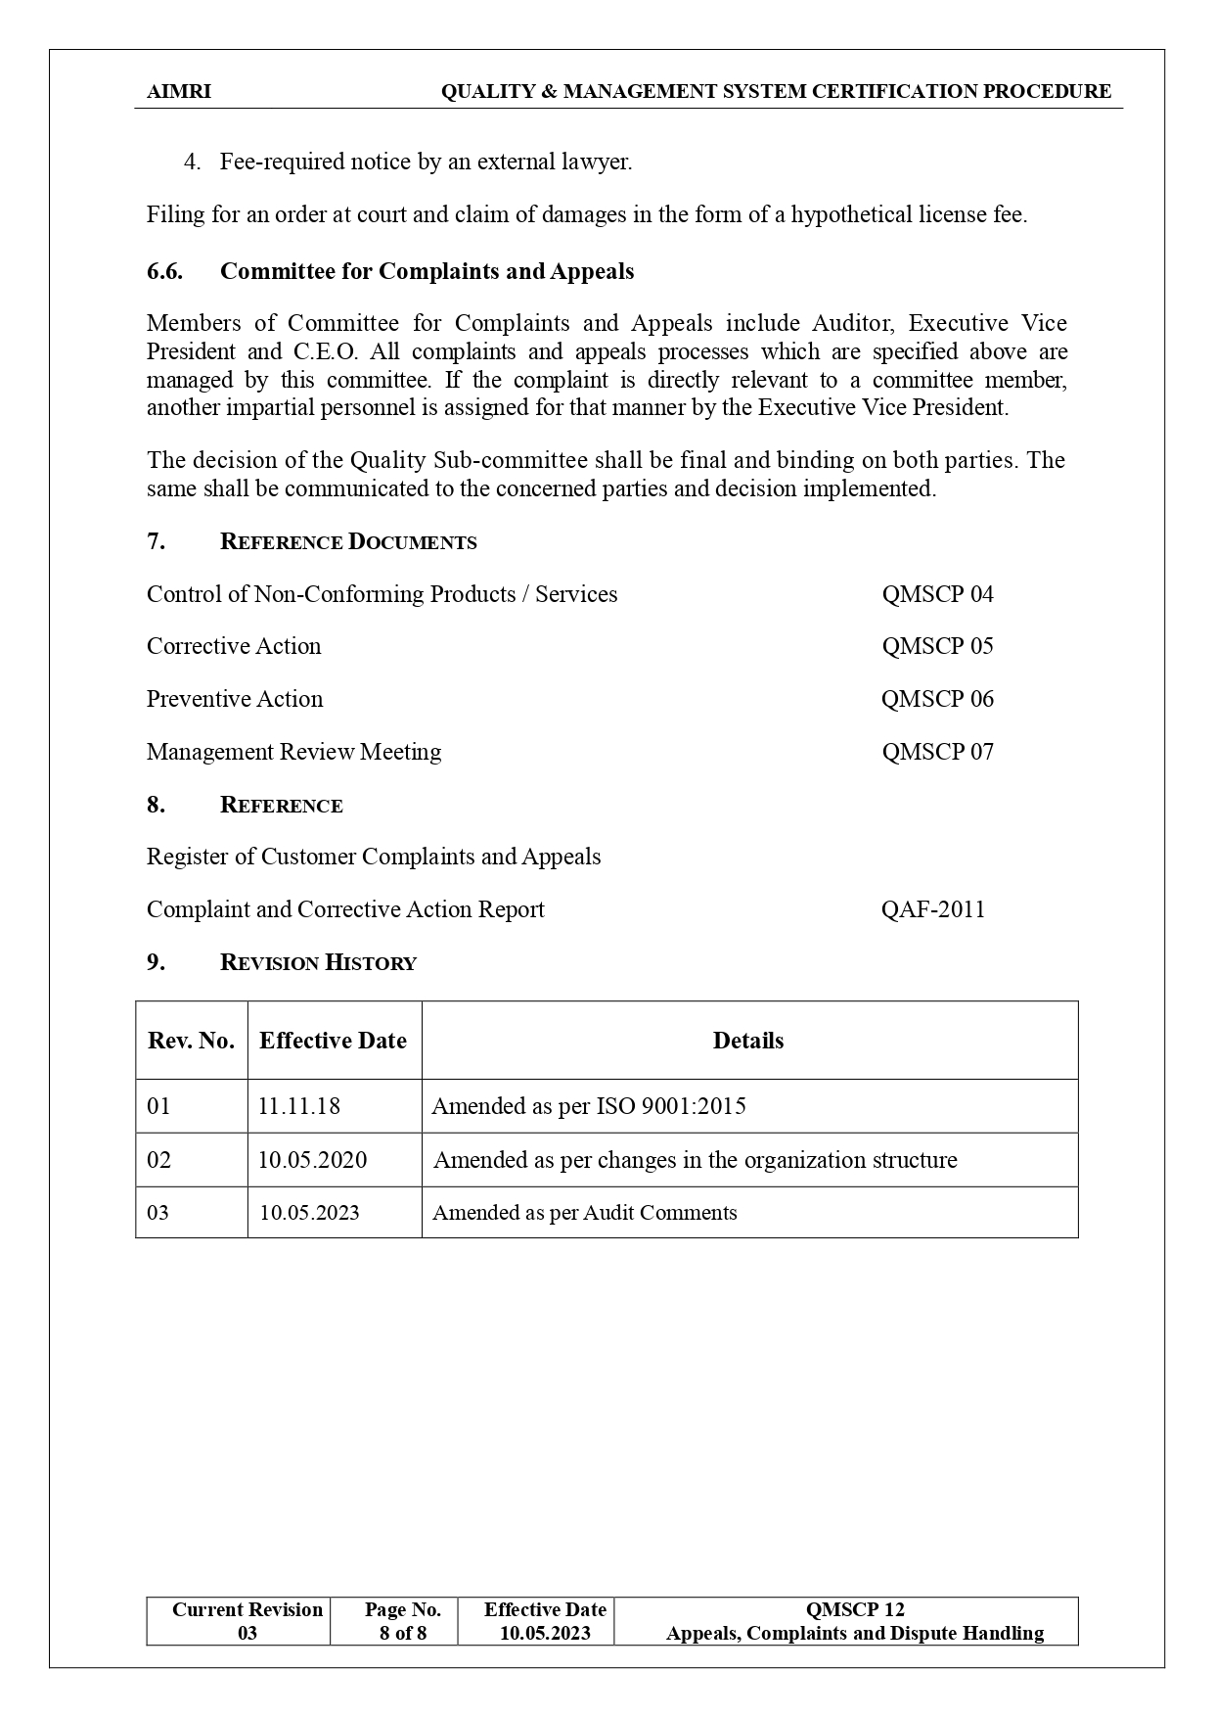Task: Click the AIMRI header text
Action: (x=178, y=91)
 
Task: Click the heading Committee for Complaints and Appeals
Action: (x=427, y=271)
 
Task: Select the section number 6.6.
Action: (x=164, y=271)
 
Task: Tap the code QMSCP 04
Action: (x=937, y=594)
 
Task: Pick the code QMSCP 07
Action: (x=937, y=752)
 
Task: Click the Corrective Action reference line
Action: (x=234, y=646)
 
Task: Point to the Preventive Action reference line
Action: (x=235, y=699)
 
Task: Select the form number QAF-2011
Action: (x=932, y=909)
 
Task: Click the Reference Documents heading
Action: (x=348, y=541)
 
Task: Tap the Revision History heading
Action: (x=318, y=962)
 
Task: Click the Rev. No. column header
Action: (x=191, y=1041)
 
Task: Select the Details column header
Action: (x=747, y=1041)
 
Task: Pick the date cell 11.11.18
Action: (x=298, y=1106)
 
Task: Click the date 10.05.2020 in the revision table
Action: (x=312, y=1160)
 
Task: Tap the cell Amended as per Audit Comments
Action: (x=584, y=1213)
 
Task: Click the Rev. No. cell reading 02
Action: (x=158, y=1160)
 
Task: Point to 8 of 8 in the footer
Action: (x=403, y=1633)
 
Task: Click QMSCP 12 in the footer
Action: (x=854, y=1609)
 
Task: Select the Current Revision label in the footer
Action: (x=247, y=1609)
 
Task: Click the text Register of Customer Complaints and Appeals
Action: (x=374, y=857)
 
